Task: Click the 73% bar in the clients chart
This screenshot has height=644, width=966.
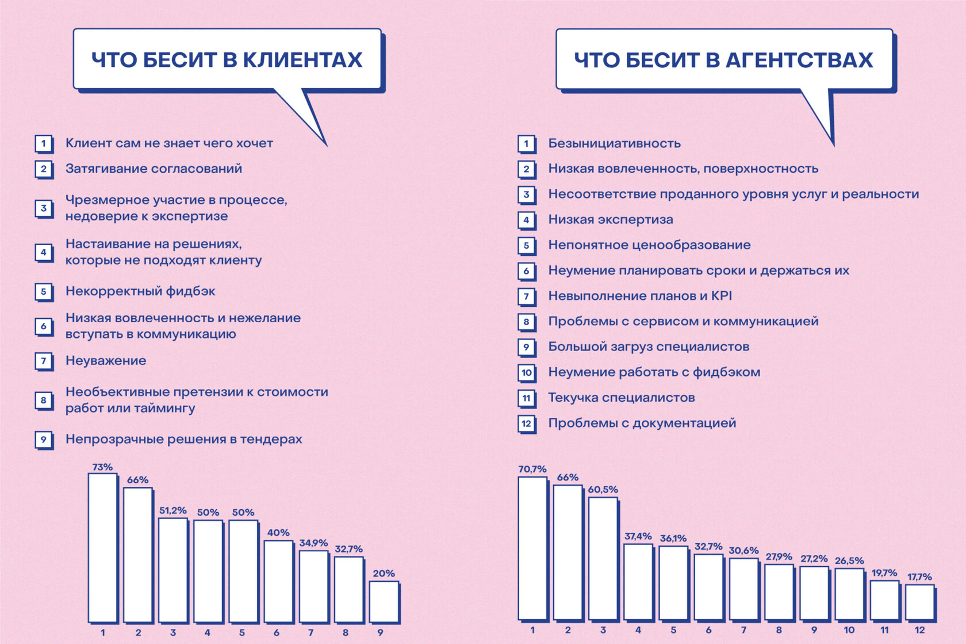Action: pyautogui.click(x=102, y=547)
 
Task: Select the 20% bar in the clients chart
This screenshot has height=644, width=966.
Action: pyautogui.click(x=384, y=601)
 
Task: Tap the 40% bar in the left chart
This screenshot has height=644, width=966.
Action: pyautogui.click(x=278, y=581)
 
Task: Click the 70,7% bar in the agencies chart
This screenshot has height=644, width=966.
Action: pyautogui.click(x=532, y=548)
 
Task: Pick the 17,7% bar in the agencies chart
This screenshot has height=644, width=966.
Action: pyautogui.click(x=919, y=602)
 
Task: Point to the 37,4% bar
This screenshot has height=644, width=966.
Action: pyautogui.click(x=638, y=581)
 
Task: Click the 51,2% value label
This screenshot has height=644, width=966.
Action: pyautogui.click(x=172, y=510)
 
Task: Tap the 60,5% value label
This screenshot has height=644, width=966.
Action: pyautogui.click(x=603, y=490)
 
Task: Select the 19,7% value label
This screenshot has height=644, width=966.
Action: pyautogui.click(x=884, y=573)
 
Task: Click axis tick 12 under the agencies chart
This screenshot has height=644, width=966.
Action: pyautogui.click(x=919, y=630)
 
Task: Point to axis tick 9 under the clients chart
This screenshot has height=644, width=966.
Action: pyautogui.click(x=380, y=632)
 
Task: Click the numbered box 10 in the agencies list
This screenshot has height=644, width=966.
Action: pyautogui.click(x=526, y=372)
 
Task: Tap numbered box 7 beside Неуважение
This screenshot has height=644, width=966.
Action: pyautogui.click(x=43, y=361)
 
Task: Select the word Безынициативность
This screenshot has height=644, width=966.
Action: pyautogui.click(x=614, y=143)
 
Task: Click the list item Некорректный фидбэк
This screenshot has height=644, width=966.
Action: pyautogui.click(x=140, y=291)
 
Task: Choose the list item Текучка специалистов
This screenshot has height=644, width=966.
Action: pyautogui.click(x=621, y=398)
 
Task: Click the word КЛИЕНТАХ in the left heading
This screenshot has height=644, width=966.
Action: pyautogui.click(x=302, y=60)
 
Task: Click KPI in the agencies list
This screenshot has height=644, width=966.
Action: pyautogui.click(x=722, y=296)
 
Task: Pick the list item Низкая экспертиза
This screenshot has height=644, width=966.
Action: pyautogui.click(x=610, y=219)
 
